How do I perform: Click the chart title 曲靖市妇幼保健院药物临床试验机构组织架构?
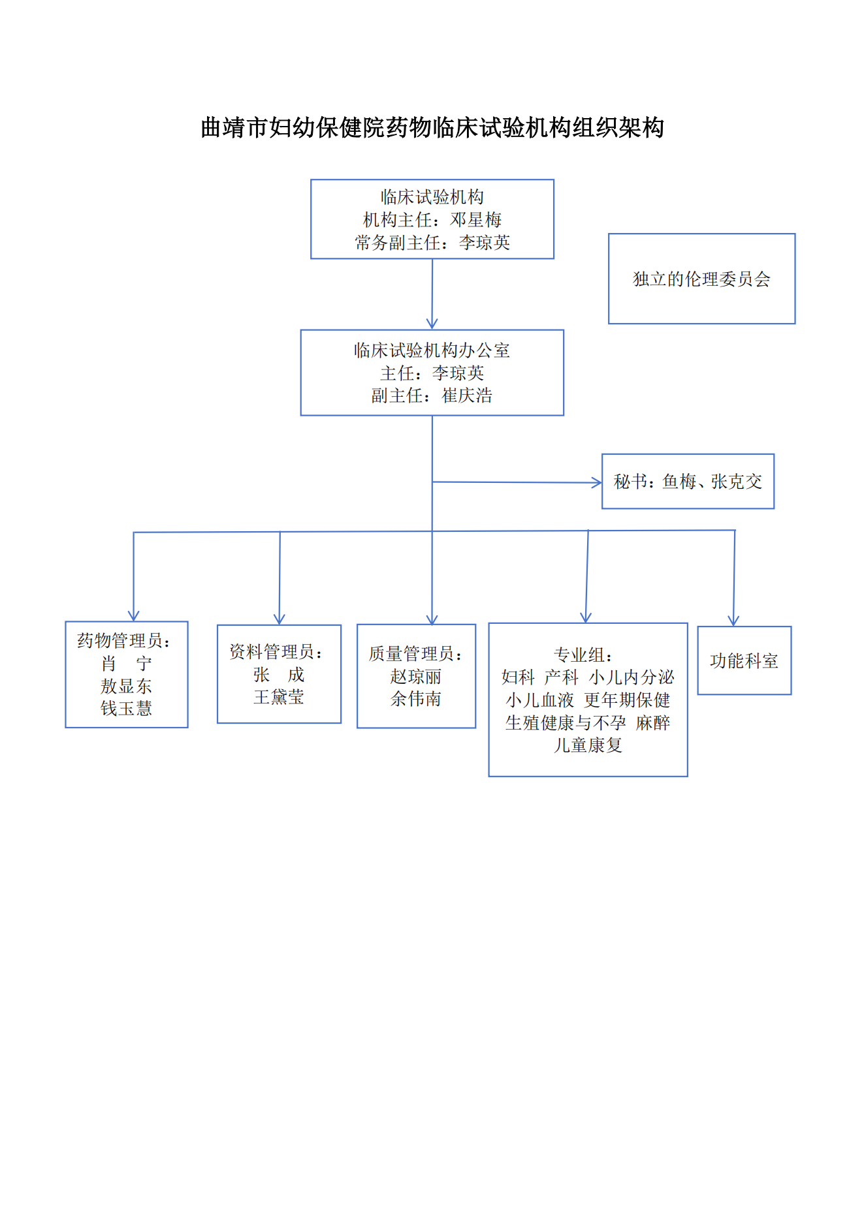(x=432, y=128)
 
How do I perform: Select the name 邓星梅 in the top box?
(x=475, y=220)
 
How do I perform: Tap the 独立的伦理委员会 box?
(x=701, y=279)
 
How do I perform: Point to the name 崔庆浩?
(x=467, y=395)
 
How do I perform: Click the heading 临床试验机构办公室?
(x=432, y=350)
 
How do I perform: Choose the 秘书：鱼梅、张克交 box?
(x=688, y=482)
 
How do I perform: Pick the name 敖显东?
(x=126, y=686)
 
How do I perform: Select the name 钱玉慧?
(x=126, y=708)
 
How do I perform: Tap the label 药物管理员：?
(x=124, y=641)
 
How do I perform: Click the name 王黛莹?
(x=279, y=697)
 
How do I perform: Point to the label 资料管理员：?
(x=277, y=651)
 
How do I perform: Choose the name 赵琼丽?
(x=416, y=677)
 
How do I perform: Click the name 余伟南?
(x=416, y=699)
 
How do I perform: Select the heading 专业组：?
(x=583, y=655)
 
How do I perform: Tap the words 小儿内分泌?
(x=632, y=677)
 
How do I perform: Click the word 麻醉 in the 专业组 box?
(x=653, y=723)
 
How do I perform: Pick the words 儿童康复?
(x=588, y=745)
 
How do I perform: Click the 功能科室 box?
(x=744, y=660)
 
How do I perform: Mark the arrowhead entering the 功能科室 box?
(x=733, y=621)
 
